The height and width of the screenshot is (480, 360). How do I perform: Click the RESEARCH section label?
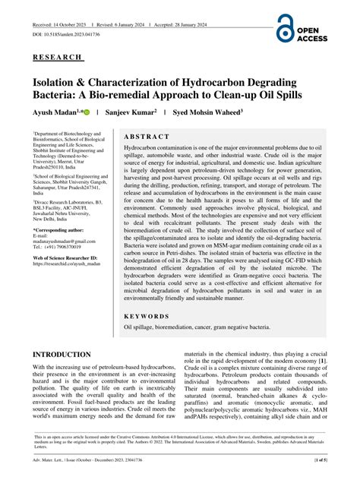[57, 57]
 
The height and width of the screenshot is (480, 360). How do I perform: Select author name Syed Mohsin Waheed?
[208, 111]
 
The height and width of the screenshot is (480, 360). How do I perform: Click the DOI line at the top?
[67, 35]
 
